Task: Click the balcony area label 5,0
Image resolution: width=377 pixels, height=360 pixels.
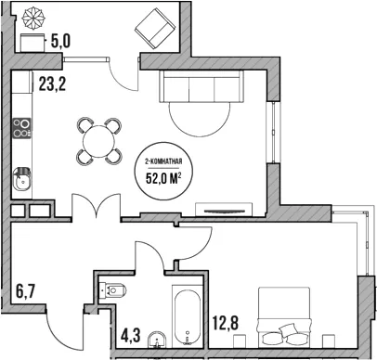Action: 60,41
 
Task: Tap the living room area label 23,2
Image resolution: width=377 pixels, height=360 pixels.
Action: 52,84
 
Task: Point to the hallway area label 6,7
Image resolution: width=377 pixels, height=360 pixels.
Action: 25,291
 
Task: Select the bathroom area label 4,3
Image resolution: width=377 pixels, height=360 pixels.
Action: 131,336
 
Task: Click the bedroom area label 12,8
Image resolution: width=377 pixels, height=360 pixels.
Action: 226,323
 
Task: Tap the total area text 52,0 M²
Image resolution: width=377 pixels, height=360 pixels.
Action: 163,178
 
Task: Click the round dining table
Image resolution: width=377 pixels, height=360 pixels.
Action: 99,141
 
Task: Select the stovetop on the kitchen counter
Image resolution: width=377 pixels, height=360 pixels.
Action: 21,128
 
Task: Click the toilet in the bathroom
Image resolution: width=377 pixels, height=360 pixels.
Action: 113,289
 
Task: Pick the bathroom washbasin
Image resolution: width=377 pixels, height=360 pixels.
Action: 157,341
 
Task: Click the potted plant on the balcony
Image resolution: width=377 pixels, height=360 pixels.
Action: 33,18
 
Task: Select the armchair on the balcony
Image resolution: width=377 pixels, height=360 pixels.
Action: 155,29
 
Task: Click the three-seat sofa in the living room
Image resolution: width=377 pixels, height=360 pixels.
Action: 201,86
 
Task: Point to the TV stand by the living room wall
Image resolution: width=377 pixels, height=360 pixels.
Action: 223,210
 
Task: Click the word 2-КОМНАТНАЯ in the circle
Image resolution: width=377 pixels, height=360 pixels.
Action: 163,161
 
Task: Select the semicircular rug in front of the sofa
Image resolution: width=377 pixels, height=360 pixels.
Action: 200,120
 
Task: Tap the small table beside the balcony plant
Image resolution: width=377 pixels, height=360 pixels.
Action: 32,43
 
